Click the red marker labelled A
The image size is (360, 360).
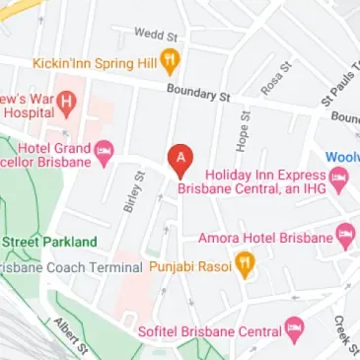(179, 158)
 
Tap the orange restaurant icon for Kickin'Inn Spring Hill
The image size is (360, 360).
(171, 61)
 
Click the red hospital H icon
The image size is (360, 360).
(67, 101)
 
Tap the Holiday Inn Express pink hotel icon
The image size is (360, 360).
(340, 179)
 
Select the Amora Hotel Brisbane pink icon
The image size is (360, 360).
(344, 237)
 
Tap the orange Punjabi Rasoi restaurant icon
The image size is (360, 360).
(245, 265)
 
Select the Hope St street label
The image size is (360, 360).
(241, 123)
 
